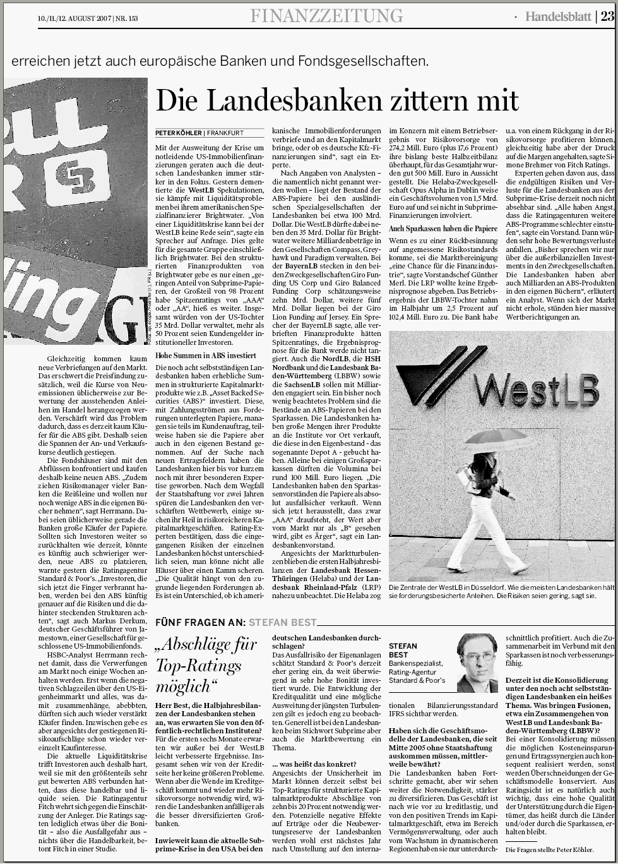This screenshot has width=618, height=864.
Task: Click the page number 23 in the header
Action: tap(607, 16)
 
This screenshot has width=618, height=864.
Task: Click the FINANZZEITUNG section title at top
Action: tap(326, 16)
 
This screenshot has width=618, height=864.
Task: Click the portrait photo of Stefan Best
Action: tap(477, 663)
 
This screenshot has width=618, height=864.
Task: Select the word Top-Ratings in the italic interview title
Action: tap(192, 666)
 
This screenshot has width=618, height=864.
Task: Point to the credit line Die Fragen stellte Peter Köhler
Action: tap(549, 850)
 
